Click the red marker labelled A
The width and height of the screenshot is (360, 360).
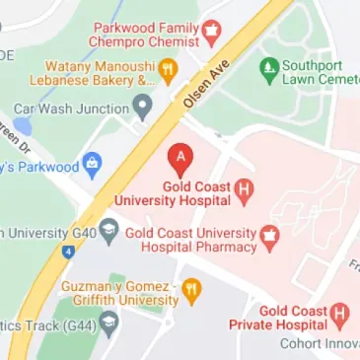click(x=180, y=157)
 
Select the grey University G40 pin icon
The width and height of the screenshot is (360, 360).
click(x=109, y=232)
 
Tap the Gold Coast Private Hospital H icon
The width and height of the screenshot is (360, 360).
click(x=341, y=314)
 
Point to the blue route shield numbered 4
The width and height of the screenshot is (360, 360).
click(x=68, y=252)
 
